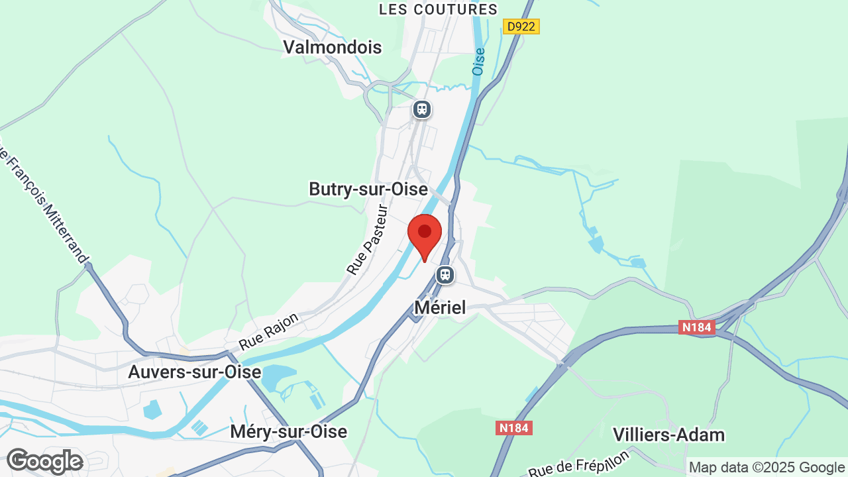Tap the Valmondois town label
333,47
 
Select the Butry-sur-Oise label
368,189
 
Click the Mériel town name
440,307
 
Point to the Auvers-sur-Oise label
194,372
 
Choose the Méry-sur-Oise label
288,432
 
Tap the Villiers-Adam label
668,435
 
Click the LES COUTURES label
438,9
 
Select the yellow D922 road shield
521,26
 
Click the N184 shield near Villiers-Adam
513,428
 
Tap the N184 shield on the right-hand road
697,327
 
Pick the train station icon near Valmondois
422,109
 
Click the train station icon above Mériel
445,274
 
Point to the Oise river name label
478,61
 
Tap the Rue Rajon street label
269,331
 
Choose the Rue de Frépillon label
579,462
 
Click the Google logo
44,461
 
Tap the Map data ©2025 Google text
767,468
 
